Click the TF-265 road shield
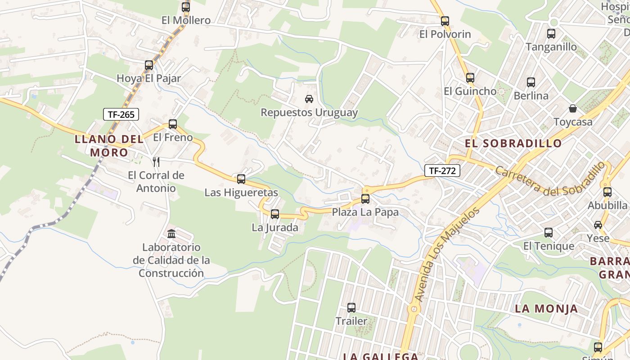pos(121,114)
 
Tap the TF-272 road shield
pos(442,171)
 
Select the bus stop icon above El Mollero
pos(186,7)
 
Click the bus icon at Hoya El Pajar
pos(149,65)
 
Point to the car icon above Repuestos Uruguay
pos(309,99)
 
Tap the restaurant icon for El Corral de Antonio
pos(156,162)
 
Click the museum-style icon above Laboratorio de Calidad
pos(171,234)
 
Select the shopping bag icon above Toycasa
pos(573,108)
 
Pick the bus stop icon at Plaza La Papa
pos(365,198)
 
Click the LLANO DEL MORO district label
pos(109,145)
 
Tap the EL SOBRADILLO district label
pos(513,143)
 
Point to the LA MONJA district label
pos(546,309)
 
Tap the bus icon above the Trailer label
pos(351,308)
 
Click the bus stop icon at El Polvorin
pos(445,21)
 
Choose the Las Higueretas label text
pos(241,193)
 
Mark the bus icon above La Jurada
pos(275,214)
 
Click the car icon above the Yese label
pos(598,225)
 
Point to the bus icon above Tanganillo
pos(551,34)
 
